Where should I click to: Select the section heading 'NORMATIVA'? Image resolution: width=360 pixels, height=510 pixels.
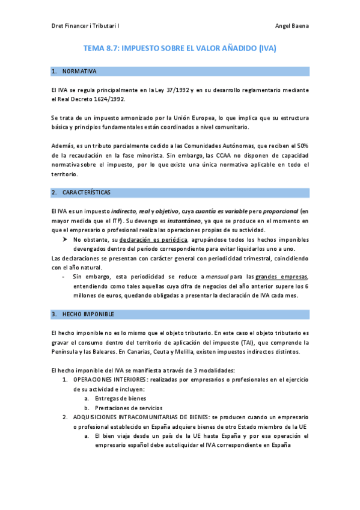[79, 72]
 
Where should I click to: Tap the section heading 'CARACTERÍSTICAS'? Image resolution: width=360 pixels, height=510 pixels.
[90, 193]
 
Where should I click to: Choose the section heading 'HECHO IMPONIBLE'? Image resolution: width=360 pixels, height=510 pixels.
[88, 315]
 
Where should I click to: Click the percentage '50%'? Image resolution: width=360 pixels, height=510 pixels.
[302, 146]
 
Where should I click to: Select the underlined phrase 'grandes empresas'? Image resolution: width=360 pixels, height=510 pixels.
[281, 277]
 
